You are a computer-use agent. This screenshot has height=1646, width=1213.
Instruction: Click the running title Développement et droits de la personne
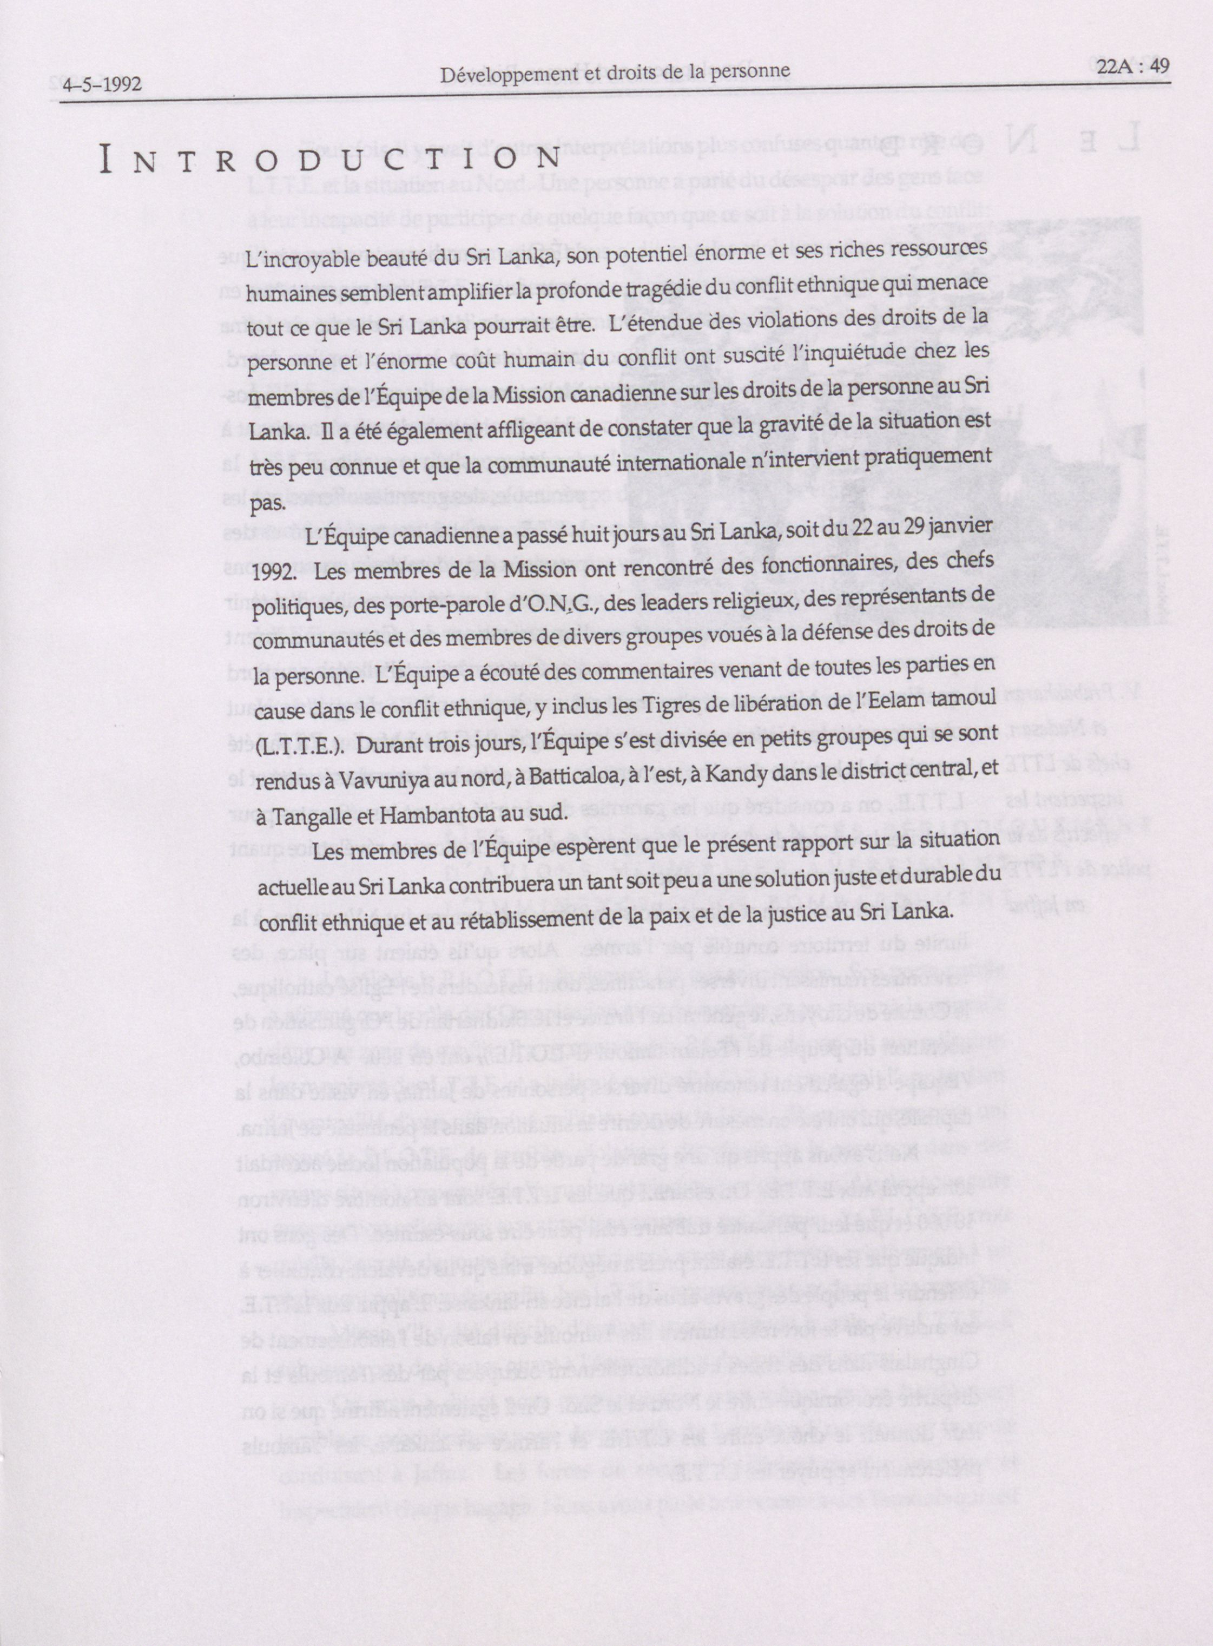pos(615,72)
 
